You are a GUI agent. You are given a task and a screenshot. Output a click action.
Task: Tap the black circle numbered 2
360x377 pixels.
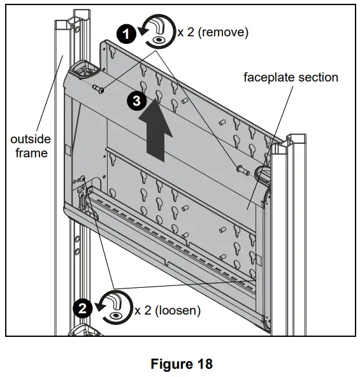pyautogui.click(x=82, y=309)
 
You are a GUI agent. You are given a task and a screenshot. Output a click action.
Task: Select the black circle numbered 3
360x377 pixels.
pyautogui.click(x=134, y=101)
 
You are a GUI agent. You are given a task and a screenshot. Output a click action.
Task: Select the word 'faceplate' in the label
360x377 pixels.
pyautogui.click(x=267, y=77)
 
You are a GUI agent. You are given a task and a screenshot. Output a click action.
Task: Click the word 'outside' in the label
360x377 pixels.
pyautogui.click(x=31, y=139)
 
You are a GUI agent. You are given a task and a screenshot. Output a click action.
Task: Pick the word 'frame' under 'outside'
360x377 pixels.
pyautogui.click(x=31, y=153)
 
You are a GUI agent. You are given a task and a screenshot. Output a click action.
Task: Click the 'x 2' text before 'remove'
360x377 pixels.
pyautogui.click(x=185, y=32)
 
